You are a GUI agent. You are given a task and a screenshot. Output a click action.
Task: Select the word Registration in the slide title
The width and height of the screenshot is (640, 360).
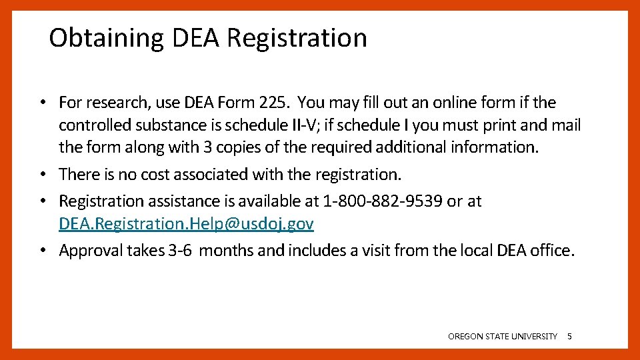pyautogui.click(x=297, y=38)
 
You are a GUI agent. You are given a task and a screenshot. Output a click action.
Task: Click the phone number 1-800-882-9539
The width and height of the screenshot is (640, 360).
pyautogui.click(x=382, y=201)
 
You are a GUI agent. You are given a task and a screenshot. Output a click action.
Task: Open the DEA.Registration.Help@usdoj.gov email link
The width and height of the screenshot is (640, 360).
pyautogui.click(x=186, y=224)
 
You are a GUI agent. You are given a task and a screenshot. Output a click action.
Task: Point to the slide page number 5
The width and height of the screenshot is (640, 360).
pyautogui.click(x=569, y=337)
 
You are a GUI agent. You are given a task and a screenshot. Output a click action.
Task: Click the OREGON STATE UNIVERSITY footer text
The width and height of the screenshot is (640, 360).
pyautogui.click(x=503, y=337)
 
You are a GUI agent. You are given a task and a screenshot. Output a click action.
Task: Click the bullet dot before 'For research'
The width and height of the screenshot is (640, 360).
pyautogui.click(x=42, y=103)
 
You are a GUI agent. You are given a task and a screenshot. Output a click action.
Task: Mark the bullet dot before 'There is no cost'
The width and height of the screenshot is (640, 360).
pyautogui.click(x=42, y=175)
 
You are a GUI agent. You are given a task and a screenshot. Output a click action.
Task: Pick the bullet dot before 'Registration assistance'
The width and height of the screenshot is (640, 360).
pyautogui.click(x=42, y=201)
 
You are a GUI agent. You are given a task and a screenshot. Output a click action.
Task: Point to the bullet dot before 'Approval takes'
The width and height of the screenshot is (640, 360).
pyautogui.click(x=42, y=251)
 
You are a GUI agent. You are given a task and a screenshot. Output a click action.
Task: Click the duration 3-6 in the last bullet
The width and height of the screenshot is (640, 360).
pyautogui.click(x=181, y=251)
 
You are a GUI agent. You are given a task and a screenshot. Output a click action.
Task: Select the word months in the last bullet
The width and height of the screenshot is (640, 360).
pyautogui.click(x=229, y=251)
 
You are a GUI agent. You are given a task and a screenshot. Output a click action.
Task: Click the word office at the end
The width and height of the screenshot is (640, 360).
pyautogui.click(x=551, y=251)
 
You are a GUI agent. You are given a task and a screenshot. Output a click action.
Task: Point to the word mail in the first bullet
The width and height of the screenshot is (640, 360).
pyautogui.click(x=566, y=125)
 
